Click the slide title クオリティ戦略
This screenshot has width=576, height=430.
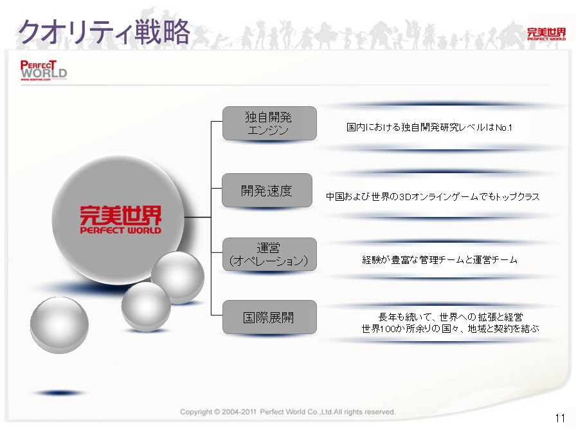(104, 32)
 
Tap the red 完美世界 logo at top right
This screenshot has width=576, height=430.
(546, 34)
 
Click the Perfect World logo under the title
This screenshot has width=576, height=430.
(43, 70)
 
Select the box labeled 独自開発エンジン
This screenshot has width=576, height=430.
(269, 123)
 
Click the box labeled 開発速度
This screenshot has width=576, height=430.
(267, 190)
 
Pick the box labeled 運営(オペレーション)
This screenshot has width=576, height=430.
(269, 254)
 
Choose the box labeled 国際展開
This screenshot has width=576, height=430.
(269, 317)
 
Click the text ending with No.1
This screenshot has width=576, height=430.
(429, 127)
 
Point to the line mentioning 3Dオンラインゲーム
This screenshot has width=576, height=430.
(433, 197)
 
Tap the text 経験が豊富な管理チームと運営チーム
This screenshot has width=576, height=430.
(439, 260)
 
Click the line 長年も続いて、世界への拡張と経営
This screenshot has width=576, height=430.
(451, 317)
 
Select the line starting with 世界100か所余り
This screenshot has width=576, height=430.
(450, 328)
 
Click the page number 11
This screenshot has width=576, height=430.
(560, 418)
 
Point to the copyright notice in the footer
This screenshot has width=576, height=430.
(287, 412)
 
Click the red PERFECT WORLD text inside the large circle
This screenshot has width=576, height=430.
(120, 230)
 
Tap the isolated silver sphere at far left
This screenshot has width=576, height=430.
(59, 325)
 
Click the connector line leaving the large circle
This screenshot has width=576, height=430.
(197, 217)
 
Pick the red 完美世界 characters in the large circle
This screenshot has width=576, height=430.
(120, 215)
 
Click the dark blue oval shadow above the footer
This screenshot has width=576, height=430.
(60, 393)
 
